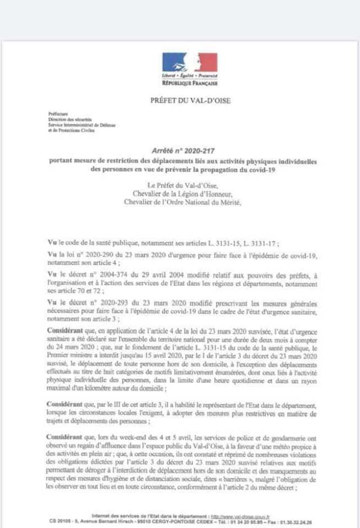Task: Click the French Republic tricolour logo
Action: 190,62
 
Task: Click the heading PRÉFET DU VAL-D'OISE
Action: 182,101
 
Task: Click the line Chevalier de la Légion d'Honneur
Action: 182,195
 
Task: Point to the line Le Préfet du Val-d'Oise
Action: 182,186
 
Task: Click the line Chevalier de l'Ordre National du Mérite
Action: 182,203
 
